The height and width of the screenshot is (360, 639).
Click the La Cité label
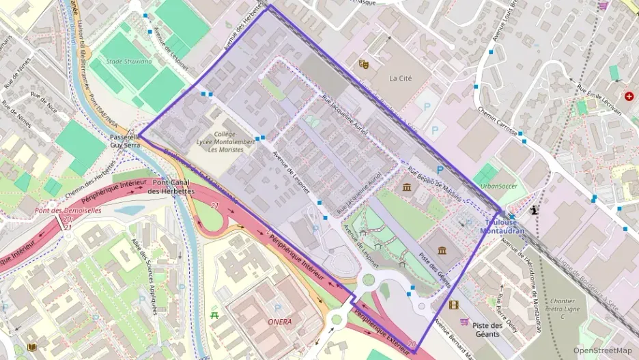401,78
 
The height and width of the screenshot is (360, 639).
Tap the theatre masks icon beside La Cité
364,64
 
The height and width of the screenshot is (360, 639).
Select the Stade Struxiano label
129,61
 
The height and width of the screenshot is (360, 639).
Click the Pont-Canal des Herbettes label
173,187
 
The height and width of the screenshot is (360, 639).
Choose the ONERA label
279,321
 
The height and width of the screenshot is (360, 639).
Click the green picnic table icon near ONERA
215,315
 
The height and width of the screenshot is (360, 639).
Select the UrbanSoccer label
498,186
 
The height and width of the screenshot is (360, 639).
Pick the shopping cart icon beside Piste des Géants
464,322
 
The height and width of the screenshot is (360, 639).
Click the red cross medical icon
628,97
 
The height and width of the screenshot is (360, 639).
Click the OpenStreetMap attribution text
602,350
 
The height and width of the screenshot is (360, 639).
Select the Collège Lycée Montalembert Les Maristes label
231,142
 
